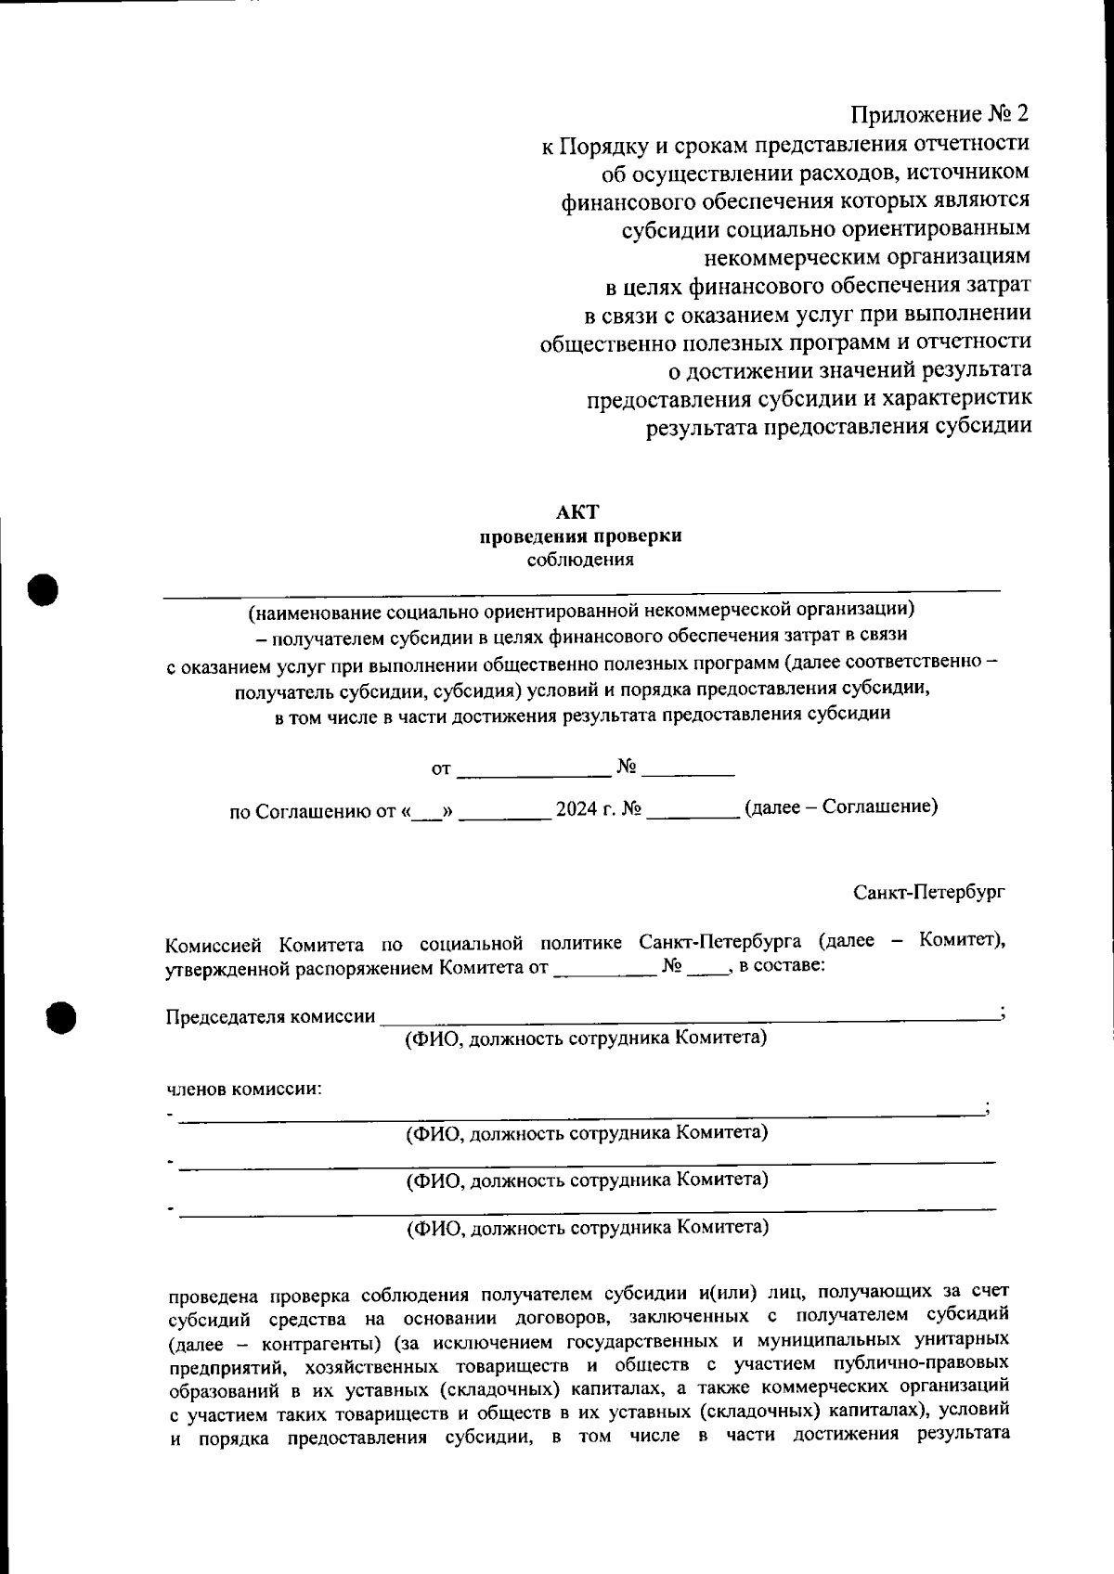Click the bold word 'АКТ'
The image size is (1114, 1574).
point(579,511)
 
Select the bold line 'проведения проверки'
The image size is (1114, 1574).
point(580,536)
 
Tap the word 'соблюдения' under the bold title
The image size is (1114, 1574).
point(580,560)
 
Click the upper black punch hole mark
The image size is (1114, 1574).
point(43,588)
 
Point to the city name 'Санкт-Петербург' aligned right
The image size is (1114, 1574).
point(929,892)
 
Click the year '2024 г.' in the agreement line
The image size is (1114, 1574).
point(588,807)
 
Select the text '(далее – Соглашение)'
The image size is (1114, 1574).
point(841,806)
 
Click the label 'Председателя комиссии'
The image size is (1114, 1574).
point(270,1015)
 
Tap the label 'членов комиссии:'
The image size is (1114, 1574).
point(244,1089)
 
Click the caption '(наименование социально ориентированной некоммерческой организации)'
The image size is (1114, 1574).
point(580,610)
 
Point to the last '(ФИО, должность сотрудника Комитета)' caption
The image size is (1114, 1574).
point(587,1228)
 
